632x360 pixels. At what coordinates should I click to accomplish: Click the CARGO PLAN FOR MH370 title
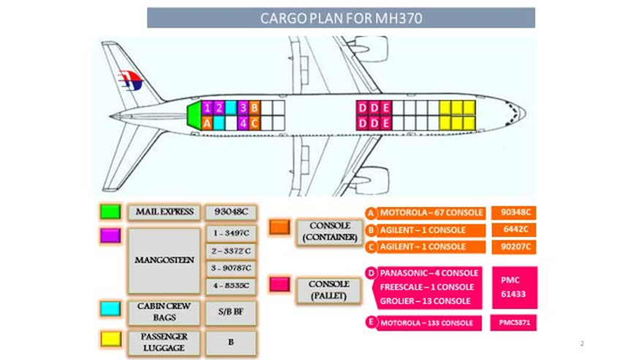pos(340,18)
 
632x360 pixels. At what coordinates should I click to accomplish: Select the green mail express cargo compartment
pos(193,115)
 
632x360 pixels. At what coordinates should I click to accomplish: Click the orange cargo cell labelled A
pos(208,123)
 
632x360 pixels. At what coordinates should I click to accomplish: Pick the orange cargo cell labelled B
pos(254,108)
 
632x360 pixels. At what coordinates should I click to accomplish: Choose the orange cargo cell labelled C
pos(254,123)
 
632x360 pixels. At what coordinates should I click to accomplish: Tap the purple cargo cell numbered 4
pos(243,123)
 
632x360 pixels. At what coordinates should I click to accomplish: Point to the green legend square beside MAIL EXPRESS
pos(111,212)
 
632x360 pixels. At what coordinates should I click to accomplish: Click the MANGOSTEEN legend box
pos(164,259)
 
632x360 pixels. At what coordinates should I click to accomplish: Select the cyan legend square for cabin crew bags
pos(111,309)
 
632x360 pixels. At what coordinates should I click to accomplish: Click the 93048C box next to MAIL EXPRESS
pos(230,212)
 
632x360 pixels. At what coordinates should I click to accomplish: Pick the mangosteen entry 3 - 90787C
pos(230,268)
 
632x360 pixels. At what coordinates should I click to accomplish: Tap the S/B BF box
pos(230,310)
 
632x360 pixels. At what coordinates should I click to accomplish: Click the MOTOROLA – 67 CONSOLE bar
pos(424,212)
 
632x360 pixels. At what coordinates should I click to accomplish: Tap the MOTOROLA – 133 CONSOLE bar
pos(424,323)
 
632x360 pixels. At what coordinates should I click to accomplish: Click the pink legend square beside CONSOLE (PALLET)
pos(279,284)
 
